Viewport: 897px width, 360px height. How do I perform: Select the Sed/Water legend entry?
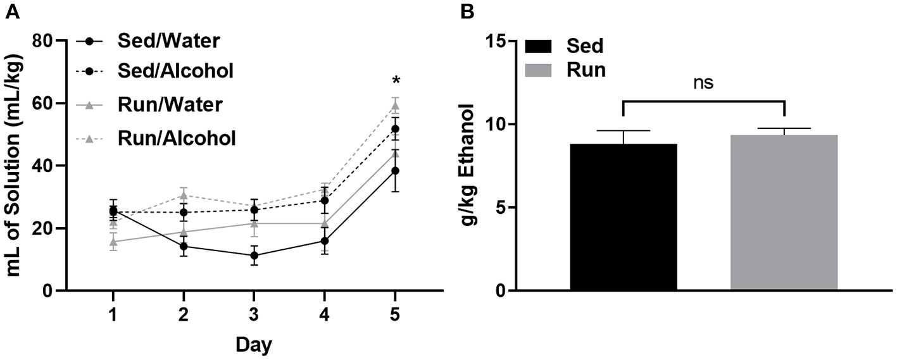(168, 40)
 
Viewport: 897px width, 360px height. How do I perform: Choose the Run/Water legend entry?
(169, 104)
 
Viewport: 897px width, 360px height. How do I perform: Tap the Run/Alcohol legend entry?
(177, 137)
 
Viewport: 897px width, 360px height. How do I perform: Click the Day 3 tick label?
(254, 314)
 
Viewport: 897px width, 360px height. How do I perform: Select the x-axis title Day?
(254, 345)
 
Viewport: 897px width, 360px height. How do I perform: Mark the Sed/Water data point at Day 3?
(254, 256)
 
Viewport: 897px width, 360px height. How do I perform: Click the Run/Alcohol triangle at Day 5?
(396, 106)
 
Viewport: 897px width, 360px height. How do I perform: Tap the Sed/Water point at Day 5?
(396, 171)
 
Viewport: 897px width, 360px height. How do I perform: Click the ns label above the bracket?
(704, 84)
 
